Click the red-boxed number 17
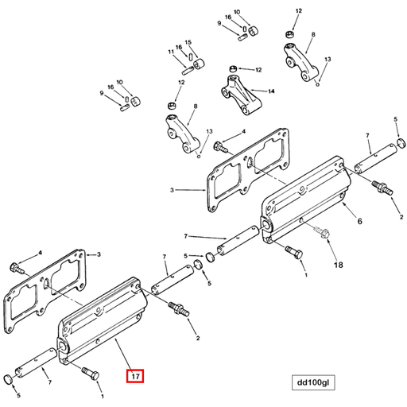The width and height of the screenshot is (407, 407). (x=135, y=375)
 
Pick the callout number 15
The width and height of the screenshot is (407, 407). (x=188, y=41)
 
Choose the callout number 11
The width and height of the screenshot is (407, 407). (x=170, y=52)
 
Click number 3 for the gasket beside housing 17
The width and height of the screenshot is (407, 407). (x=98, y=255)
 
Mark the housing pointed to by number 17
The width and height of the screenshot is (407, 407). (x=103, y=330)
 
